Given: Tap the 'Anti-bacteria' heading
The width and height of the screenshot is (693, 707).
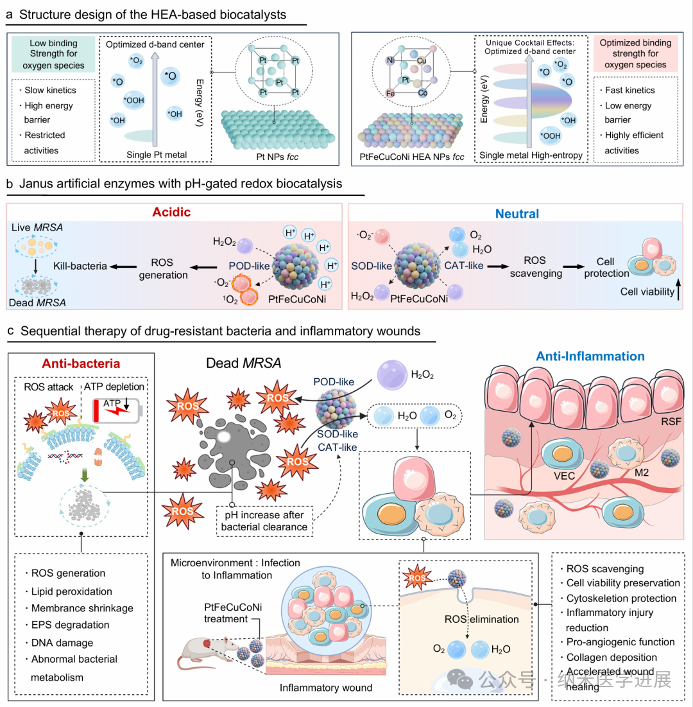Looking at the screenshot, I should [x=81, y=363].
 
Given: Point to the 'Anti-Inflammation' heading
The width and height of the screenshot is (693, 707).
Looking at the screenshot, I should [x=590, y=356].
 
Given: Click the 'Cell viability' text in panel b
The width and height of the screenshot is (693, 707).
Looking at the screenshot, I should [x=648, y=292].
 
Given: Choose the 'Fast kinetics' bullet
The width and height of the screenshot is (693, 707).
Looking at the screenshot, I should [x=629, y=91].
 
